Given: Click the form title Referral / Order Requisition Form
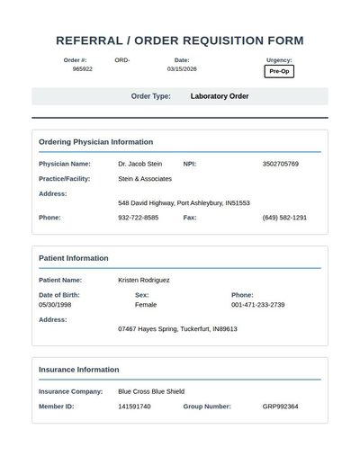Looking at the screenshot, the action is [180, 40].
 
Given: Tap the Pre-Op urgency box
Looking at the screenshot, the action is [279, 71].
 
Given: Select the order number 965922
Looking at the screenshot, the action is [83, 68].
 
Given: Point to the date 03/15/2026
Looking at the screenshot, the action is [182, 68].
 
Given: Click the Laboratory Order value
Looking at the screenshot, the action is [220, 96].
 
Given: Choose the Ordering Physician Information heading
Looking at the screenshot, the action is [95, 142].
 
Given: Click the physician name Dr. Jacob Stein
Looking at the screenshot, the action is [140, 165].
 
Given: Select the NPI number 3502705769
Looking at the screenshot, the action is [281, 165].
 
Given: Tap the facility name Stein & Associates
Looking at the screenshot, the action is [145, 179].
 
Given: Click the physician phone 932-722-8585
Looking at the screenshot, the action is [139, 218].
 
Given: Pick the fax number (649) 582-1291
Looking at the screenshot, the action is [284, 218].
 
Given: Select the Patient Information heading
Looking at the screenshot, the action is [74, 258].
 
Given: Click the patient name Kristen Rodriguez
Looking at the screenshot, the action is [144, 280].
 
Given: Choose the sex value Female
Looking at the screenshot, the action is [146, 305].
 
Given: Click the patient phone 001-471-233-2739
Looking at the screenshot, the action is [258, 305].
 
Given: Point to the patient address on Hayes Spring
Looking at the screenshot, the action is [177, 329].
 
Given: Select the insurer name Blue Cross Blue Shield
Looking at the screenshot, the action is [151, 392].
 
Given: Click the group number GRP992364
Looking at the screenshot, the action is [281, 407].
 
